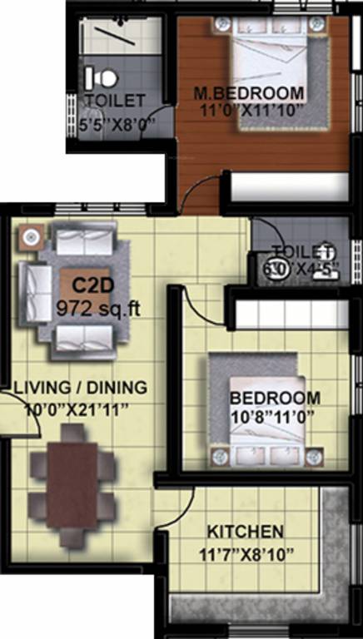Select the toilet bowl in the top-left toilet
click(x=103, y=77)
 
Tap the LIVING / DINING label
click(x=80, y=387)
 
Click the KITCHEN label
click(x=245, y=532)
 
